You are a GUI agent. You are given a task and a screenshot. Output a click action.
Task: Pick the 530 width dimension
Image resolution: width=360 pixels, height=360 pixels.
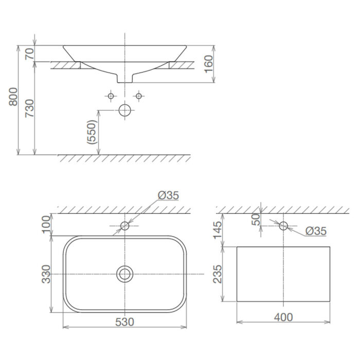tap(125, 322)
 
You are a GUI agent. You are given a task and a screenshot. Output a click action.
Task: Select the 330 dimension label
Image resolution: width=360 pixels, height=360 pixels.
tap(46, 274)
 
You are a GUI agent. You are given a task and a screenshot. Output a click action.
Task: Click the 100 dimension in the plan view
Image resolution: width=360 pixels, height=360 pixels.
tap(46, 225)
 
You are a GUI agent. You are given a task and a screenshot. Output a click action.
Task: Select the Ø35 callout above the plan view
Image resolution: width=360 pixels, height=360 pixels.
tap(168, 195)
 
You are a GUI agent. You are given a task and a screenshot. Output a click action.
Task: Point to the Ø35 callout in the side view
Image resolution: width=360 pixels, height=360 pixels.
tap(315, 231)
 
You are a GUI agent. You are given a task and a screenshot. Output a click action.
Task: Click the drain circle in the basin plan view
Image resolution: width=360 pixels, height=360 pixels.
tap(124, 274)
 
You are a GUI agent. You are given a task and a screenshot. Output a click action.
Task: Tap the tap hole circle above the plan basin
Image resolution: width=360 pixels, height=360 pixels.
tap(124, 225)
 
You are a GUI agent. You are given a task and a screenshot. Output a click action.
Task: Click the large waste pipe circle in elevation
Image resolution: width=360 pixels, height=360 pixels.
tap(125, 110)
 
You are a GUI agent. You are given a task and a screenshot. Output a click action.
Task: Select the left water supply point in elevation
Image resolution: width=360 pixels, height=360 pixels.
tap(111, 96)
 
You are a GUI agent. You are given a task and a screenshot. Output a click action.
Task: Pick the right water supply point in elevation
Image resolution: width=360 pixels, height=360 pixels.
tap(138, 96)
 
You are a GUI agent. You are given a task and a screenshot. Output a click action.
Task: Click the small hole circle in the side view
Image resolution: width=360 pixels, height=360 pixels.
tap(283, 225)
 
